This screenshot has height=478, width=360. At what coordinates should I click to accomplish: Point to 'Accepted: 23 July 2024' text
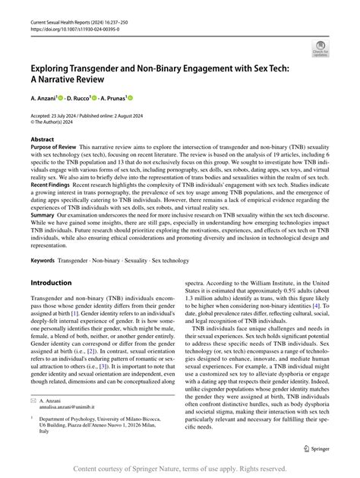point(61,113)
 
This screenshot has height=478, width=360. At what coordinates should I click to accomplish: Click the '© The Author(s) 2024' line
point(62,121)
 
